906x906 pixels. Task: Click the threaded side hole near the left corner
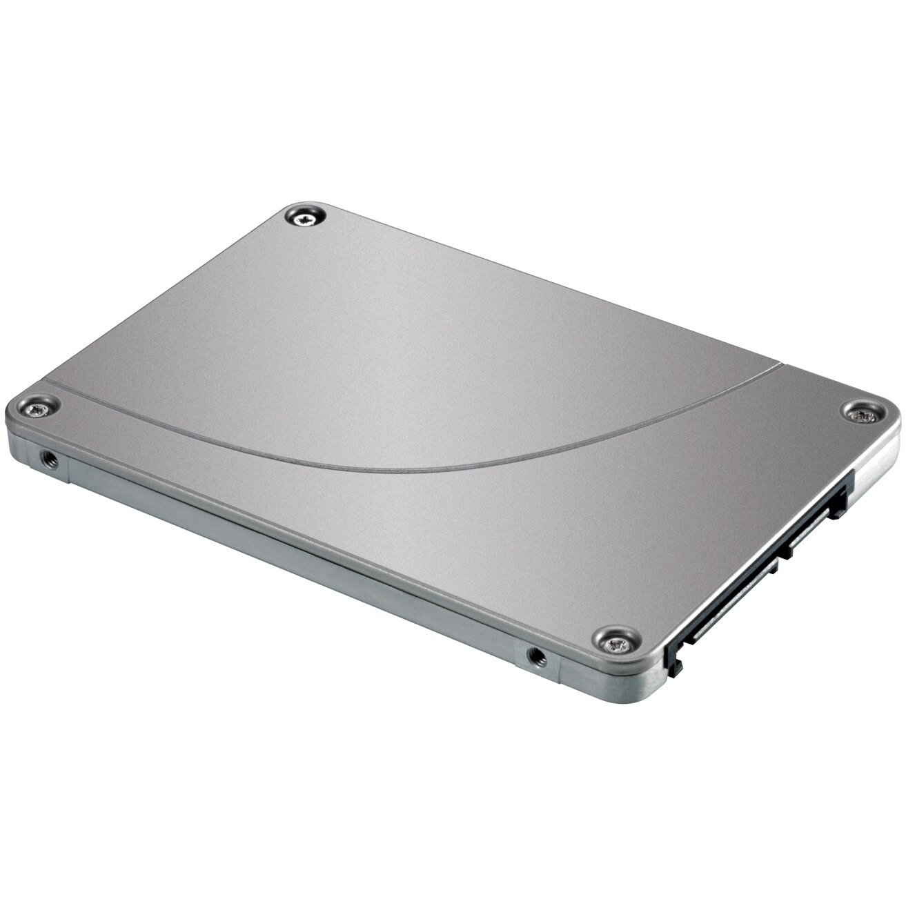pyautogui.click(x=47, y=456)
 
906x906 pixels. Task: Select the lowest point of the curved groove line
pyautogui.click(x=386, y=469)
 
